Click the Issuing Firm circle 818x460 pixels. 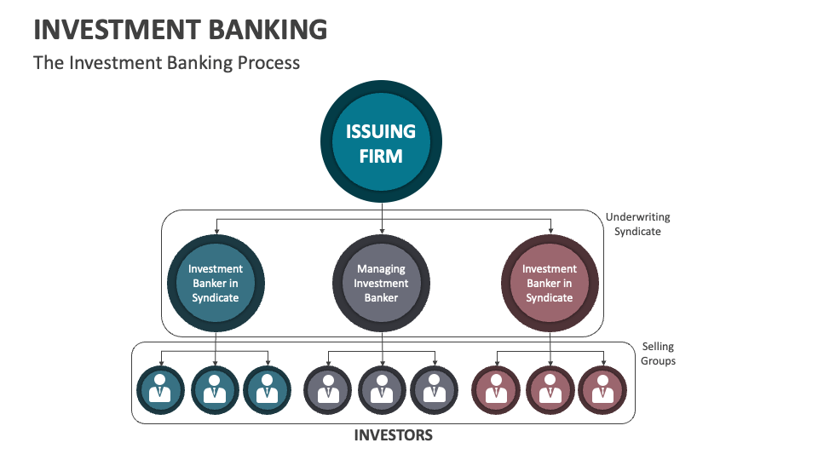pos(381,142)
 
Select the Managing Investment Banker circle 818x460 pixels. pos(381,283)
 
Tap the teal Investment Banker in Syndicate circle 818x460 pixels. pos(215,283)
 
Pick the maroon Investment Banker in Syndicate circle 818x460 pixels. pos(549,283)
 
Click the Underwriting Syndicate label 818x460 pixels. pos(637,224)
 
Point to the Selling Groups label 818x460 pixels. pos(658,354)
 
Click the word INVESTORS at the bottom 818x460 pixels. pos(393,435)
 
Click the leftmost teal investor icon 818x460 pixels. pos(161,389)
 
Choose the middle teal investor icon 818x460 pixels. pos(215,389)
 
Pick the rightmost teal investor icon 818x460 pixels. pos(268,389)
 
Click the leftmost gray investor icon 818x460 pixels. pos(328,389)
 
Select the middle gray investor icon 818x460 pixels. pos(381,389)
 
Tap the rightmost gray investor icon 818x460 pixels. pos(435,389)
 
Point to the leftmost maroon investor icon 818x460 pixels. pos(495,389)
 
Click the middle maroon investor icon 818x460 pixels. pos(549,389)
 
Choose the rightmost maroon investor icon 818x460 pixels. pos(602,389)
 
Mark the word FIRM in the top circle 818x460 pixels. pos(381,156)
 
